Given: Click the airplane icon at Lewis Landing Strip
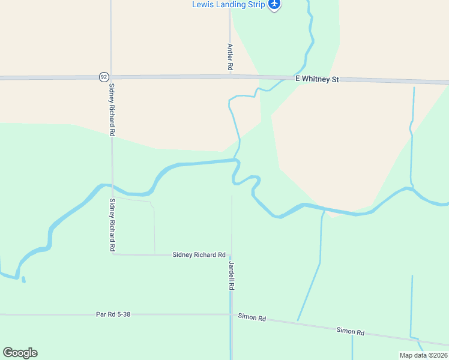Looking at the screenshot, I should tap(275, 4).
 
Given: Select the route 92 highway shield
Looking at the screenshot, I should tap(104, 77).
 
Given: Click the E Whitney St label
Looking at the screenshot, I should tap(317, 79).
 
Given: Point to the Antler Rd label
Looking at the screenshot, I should tap(230, 57).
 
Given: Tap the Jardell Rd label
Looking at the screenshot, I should tap(231, 275).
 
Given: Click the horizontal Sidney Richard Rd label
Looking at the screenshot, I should tap(199, 255).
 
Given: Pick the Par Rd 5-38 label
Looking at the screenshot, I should tap(113, 314).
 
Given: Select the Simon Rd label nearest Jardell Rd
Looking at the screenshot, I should tap(252, 317).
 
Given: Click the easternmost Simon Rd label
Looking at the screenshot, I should tap(351, 331).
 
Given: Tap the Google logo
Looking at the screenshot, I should tap(20, 353).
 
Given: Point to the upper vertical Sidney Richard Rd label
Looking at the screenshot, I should tap(112, 109).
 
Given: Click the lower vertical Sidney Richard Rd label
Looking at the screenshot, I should tap(112, 225).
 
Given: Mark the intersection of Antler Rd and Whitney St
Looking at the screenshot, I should tap(230, 77).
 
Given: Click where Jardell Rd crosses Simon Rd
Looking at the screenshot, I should tap(231, 315).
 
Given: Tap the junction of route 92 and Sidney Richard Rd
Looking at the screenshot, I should tap(111, 77).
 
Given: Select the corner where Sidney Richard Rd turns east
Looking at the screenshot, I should tap(113, 254).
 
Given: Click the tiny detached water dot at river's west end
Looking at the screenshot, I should tap(23, 279).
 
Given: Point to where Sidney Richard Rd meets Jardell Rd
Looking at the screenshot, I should tap(231, 254).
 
